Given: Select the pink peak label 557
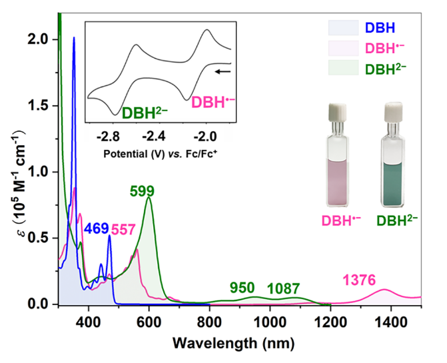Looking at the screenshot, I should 123,229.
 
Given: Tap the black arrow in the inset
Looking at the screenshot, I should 224,69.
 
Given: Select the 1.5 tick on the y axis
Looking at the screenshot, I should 43,105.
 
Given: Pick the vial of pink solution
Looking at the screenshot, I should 341,160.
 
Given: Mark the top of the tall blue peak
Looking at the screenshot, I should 74,38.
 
